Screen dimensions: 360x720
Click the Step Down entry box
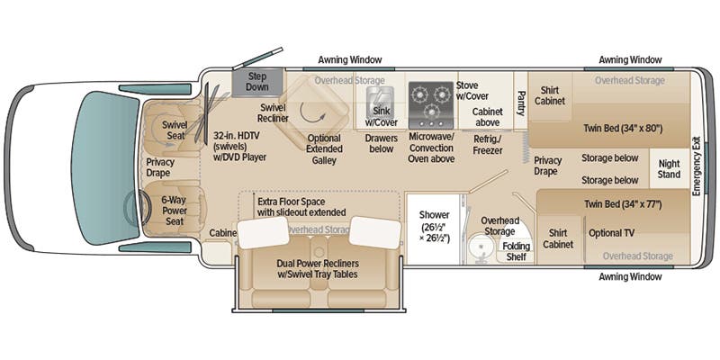click(x=257, y=81)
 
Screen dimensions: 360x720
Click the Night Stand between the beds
click(x=668, y=169)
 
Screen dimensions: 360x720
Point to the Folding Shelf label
click(x=516, y=251)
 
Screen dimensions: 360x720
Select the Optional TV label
click(x=612, y=232)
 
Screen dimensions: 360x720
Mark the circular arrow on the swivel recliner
click(x=313, y=114)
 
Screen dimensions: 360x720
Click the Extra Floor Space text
click(x=301, y=206)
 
